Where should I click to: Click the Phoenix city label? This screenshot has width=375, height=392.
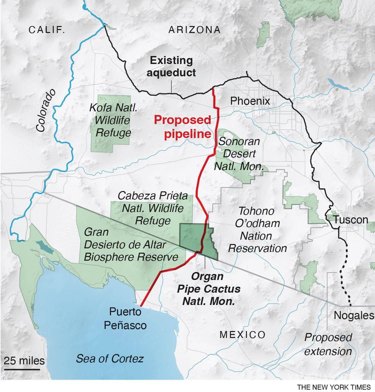(250, 101)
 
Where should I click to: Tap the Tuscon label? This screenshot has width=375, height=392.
(351, 220)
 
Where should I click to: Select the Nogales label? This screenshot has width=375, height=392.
(354, 315)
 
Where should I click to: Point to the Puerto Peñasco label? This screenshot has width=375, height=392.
(125, 318)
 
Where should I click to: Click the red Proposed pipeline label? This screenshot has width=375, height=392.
(182, 127)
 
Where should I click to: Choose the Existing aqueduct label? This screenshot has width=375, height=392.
(171, 66)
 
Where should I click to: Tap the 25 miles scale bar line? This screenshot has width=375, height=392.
(22, 369)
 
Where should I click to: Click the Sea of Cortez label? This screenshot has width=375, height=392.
(110, 358)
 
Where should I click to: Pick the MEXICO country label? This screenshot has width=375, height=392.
(242, 335)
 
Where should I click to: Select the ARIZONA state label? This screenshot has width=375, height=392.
(194, 30)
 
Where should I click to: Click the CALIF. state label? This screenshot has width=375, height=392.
(47, 30)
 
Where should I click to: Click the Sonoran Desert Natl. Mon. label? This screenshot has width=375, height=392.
(239, 154)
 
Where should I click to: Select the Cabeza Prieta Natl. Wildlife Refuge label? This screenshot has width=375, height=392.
(153, 208)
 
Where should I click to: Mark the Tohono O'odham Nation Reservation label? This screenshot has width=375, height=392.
(257, 229)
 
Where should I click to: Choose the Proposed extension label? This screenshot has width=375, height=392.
(328, 344)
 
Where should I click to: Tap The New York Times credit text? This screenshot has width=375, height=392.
(334, 387)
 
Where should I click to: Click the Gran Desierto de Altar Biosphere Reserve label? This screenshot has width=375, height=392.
(131, 244)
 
